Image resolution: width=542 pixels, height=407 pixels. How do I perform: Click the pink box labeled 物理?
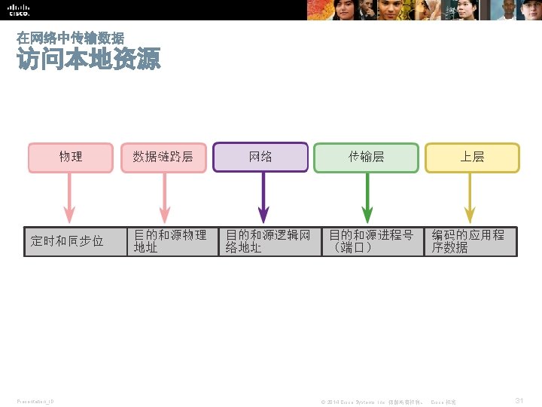pos(71,158)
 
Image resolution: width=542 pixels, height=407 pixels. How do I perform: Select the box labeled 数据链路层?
pos(163,158)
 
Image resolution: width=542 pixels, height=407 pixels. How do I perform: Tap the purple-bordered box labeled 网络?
pos(261,158)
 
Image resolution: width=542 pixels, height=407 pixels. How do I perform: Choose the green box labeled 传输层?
pos(366,158)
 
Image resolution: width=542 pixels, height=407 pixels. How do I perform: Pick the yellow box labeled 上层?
pos(472,158)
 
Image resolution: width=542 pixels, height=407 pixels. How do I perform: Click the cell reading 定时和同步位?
pos(75,242)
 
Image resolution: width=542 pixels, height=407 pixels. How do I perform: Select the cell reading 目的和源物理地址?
pos(172,242)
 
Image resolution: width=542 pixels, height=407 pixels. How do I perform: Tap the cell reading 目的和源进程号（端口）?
pos(372,242)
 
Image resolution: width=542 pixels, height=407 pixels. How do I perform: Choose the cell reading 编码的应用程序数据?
pos(470,242)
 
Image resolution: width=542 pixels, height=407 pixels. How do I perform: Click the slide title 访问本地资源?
pos(89,60)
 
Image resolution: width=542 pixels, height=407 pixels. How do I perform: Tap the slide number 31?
pos(519,401)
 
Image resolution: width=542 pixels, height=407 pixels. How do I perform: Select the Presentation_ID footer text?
pos(35,402)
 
